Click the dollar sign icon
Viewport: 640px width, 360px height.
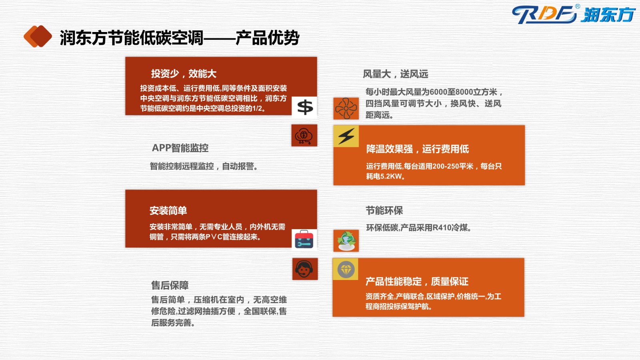304,107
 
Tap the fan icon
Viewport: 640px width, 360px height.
346,108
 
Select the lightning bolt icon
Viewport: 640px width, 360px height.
346,136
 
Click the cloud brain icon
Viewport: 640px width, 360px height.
304,136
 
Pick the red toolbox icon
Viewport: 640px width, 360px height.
304,240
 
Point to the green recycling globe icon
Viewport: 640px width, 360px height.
346,241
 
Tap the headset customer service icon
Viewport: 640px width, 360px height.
304,269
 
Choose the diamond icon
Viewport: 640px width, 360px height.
346,270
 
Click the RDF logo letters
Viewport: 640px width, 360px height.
544,14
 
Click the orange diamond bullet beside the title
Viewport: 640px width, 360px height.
38,36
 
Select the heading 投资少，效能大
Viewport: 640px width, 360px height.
184,74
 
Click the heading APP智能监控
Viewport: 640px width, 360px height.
180,148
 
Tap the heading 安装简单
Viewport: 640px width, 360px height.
168,211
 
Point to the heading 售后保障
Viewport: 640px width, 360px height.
170,285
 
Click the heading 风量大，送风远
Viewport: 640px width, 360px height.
396,74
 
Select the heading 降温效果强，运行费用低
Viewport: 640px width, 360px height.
418,149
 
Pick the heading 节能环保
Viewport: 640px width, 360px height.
384,211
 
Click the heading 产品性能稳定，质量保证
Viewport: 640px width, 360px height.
417,282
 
